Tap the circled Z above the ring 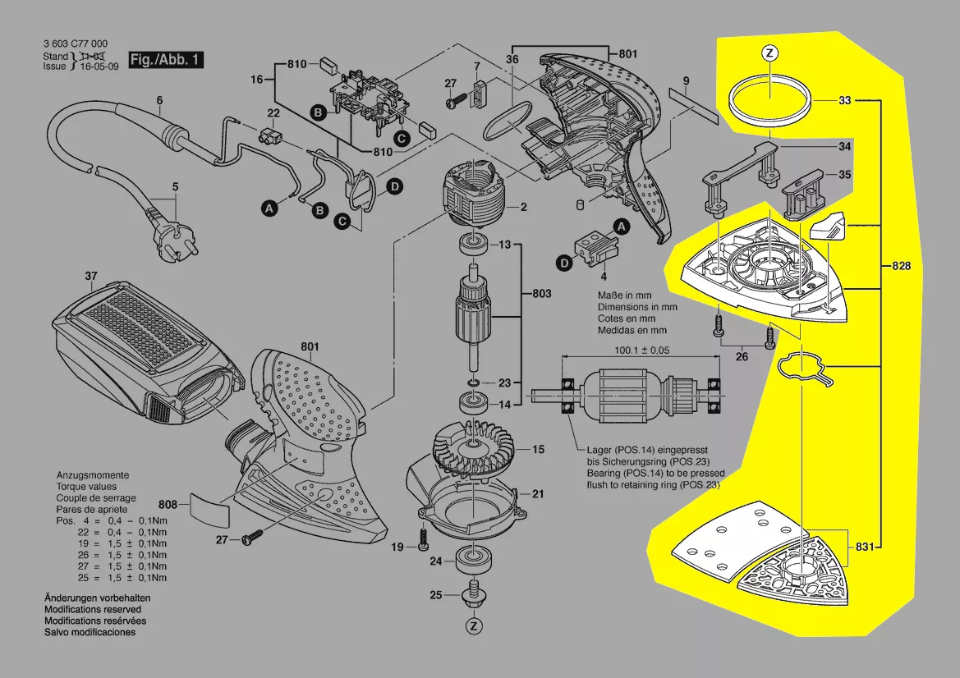(x=769, y=53)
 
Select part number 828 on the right (x=900, y=266)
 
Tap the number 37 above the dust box (x=91, y=276)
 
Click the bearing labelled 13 (x=473, y=244)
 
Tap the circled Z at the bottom (x=473, y=626)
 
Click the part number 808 (x=168, y=504)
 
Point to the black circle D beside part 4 (x=564, y=263)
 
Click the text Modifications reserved (x=92, y=610)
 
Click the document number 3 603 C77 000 (x=74, y=44)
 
